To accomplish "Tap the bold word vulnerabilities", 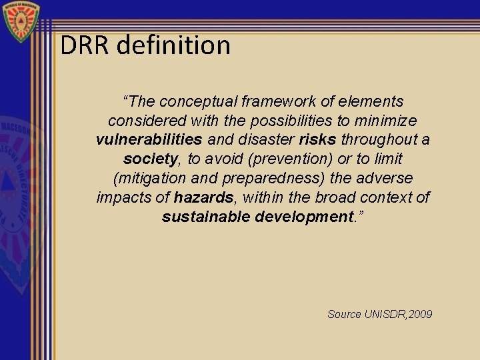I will [x=149, y=140].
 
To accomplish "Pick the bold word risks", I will [x=317, y=140].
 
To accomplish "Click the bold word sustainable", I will [x=206, y=217].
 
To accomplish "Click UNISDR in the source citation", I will [x=382, y=313].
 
